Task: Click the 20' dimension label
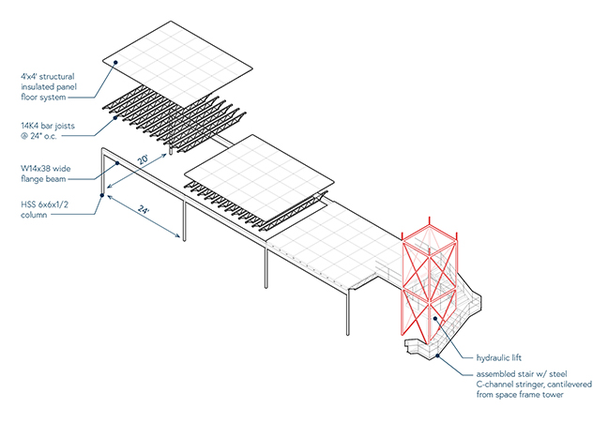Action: click(143, 161)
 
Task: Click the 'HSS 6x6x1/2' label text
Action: click(50, 204)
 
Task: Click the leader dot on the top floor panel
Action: click(115, 63)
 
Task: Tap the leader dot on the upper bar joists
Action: click(114, 110)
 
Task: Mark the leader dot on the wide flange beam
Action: click(115, 163)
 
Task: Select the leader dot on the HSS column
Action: click(102, 198)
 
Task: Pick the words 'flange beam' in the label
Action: click(44, 179)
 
